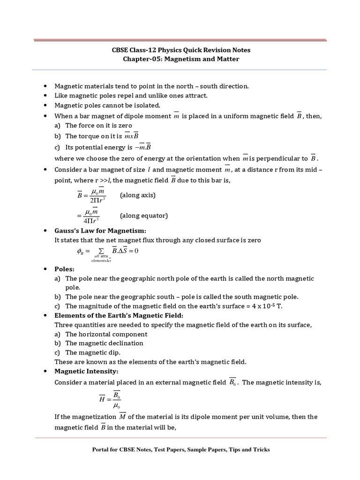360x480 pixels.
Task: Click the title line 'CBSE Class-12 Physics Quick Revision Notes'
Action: (180, 50)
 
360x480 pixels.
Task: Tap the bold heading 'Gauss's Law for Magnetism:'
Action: (101, 231)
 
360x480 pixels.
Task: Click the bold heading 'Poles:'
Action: (65, 270)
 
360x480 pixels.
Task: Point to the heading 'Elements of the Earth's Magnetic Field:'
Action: (120, 315)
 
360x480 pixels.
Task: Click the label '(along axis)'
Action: (138, 195)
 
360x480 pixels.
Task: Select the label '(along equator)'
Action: (144, 216)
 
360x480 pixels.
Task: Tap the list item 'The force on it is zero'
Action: (98, 125)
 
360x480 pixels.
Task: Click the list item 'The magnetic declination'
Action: (104, 343)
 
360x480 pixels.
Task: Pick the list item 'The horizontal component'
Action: (106, 334)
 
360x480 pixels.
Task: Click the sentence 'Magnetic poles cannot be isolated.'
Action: (107, 105)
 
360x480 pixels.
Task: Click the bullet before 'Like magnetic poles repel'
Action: (45, 96)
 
